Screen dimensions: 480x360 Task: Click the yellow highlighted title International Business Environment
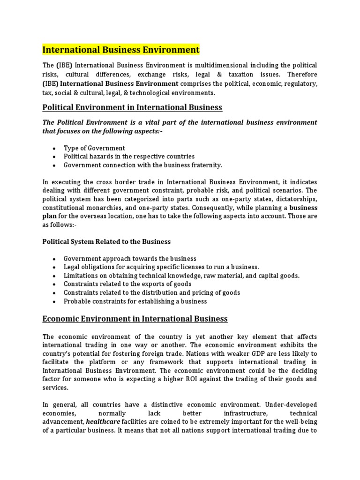pos(121,50)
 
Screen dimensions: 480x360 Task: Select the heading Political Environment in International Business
pos(132,107)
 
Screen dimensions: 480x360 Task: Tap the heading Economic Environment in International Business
pos(135,319)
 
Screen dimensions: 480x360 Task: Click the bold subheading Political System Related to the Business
pos(106,242)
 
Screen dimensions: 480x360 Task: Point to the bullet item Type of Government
pos(94,148)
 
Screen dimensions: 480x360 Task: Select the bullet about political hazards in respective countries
pos(129,157)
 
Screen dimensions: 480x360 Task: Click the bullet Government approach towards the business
pos(130,259)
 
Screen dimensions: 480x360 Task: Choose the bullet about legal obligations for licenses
pos(161,267)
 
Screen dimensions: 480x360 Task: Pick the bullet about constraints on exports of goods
pos(127,284)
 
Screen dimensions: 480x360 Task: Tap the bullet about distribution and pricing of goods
pos(152,292)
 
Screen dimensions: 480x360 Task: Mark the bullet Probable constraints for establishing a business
pos(135,301)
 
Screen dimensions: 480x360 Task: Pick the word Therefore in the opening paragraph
pos(302,74)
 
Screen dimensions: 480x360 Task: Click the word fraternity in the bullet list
pos(205,165)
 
